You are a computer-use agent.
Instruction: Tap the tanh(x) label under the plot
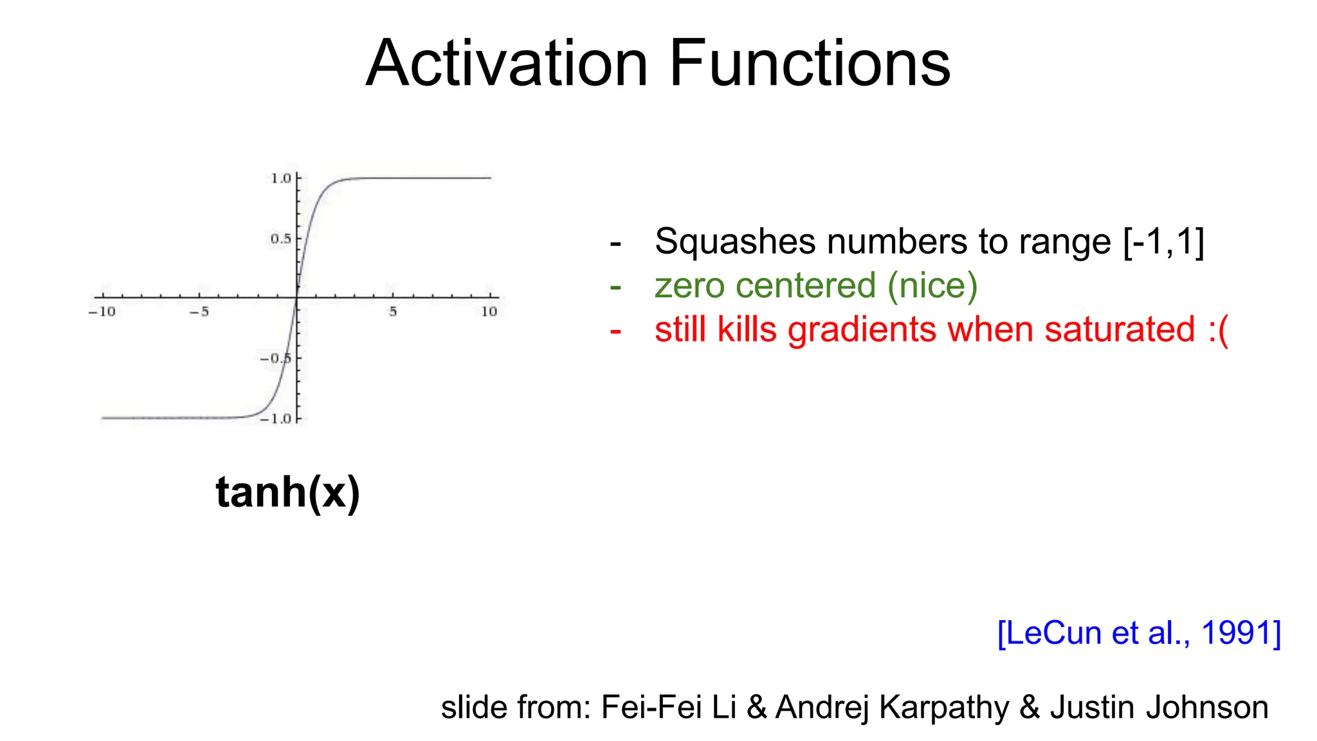[287, 492]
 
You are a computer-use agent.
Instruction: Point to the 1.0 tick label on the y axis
[281, 178]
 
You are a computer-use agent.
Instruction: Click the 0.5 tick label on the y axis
[280, 239]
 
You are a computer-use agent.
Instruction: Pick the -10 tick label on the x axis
[102, 312]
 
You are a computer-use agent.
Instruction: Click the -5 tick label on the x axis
[199, 312]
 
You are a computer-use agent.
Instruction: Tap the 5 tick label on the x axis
[393, 312]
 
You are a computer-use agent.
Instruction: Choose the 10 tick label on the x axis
[489, 312]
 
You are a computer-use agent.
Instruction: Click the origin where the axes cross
[297, 297]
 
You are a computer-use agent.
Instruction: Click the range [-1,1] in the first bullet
[1163, 242]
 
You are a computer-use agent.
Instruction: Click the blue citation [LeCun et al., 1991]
[1139, 632]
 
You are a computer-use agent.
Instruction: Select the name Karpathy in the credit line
[944, 707]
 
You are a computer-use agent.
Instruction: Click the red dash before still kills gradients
[615, 331]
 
